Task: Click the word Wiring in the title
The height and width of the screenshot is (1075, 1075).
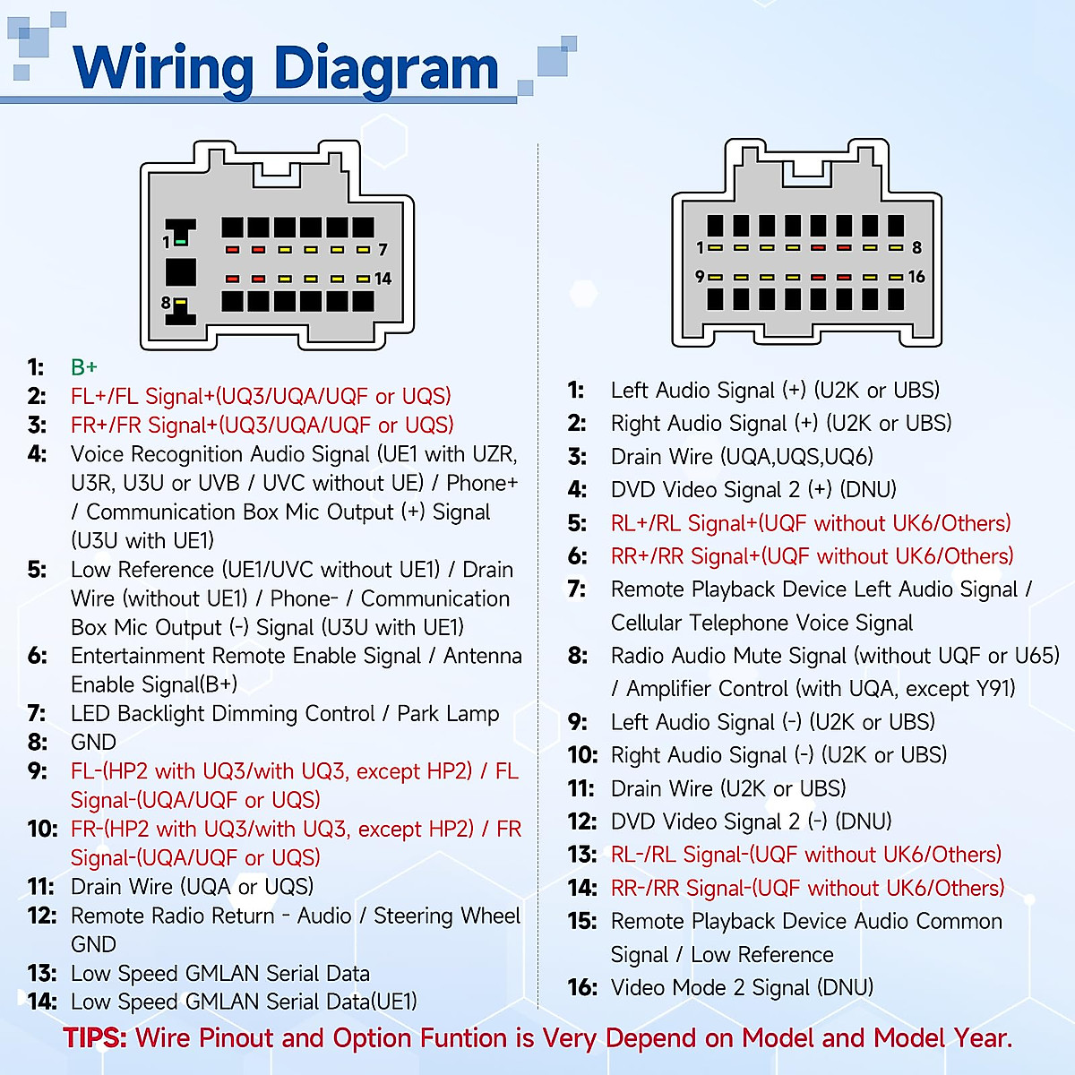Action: tap(164, 69)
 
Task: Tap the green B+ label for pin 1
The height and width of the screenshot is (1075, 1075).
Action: tap(84, 367)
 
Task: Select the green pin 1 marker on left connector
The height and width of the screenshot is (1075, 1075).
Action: tap(181, 242)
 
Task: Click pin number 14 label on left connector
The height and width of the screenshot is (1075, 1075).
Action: tap(383, 279)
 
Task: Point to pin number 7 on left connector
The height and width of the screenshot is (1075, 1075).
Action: tap(383, 250)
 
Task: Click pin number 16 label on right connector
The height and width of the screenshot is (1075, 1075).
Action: tap(916, 277)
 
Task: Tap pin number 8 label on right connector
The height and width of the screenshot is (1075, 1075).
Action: tap(916, 247)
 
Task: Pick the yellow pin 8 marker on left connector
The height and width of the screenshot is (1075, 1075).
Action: tap(180, 303)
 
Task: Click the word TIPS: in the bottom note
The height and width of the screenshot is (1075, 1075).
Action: tap(95, 1038)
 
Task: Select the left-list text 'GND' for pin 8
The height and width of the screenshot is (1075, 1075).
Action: tap(93, 743)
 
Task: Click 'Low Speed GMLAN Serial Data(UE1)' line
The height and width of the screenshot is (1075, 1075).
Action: tap(244, 1002)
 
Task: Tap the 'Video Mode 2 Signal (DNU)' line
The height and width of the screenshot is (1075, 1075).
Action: tap(742, 987)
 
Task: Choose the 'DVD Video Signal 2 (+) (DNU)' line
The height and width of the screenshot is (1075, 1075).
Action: tap(753, 490)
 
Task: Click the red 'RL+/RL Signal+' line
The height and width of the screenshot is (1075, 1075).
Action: tap(811, 523)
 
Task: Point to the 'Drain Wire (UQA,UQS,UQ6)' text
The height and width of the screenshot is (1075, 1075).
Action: tap(742, 457)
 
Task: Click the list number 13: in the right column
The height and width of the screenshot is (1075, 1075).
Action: tap(582, 855)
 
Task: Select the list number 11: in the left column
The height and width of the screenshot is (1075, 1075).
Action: tap(41, 887)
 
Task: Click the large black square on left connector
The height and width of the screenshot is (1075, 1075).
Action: tap(181, 272)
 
